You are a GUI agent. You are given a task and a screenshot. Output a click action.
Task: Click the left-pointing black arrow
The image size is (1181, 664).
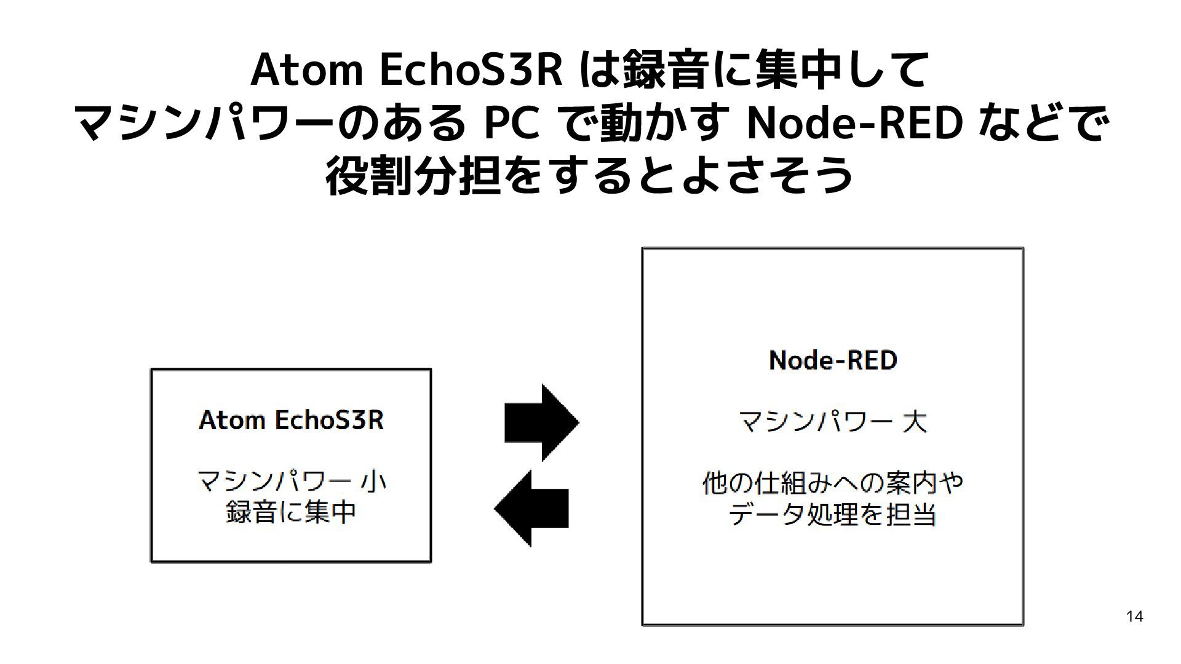(x=531, y=508)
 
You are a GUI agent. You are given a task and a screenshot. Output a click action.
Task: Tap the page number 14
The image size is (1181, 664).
(x=1134, y=616)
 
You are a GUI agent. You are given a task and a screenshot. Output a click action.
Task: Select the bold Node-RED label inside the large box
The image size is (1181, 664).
(x=833, y=360)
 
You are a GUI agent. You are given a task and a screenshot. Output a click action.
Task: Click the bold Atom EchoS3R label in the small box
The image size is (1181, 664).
(x=291, y=421)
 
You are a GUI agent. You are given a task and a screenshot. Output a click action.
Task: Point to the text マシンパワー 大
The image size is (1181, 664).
(x=832, y=422)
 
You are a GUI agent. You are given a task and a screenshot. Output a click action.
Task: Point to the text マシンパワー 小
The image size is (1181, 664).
(x=291, y=481)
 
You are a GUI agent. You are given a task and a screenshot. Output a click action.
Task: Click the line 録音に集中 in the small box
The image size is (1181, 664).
(x=291, y=512)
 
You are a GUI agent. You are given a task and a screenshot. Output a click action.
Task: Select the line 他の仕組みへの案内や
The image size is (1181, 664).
(x=833, y=483)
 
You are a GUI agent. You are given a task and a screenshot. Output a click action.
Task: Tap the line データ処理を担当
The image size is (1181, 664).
(x=833, y=515)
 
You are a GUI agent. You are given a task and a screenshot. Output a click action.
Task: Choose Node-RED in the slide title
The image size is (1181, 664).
(x=854, y=124)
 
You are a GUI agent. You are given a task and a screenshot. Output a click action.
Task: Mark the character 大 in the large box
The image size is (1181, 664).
(x=914, y=422)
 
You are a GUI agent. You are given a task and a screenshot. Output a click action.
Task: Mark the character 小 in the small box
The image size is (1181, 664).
(x=373, y=481)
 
